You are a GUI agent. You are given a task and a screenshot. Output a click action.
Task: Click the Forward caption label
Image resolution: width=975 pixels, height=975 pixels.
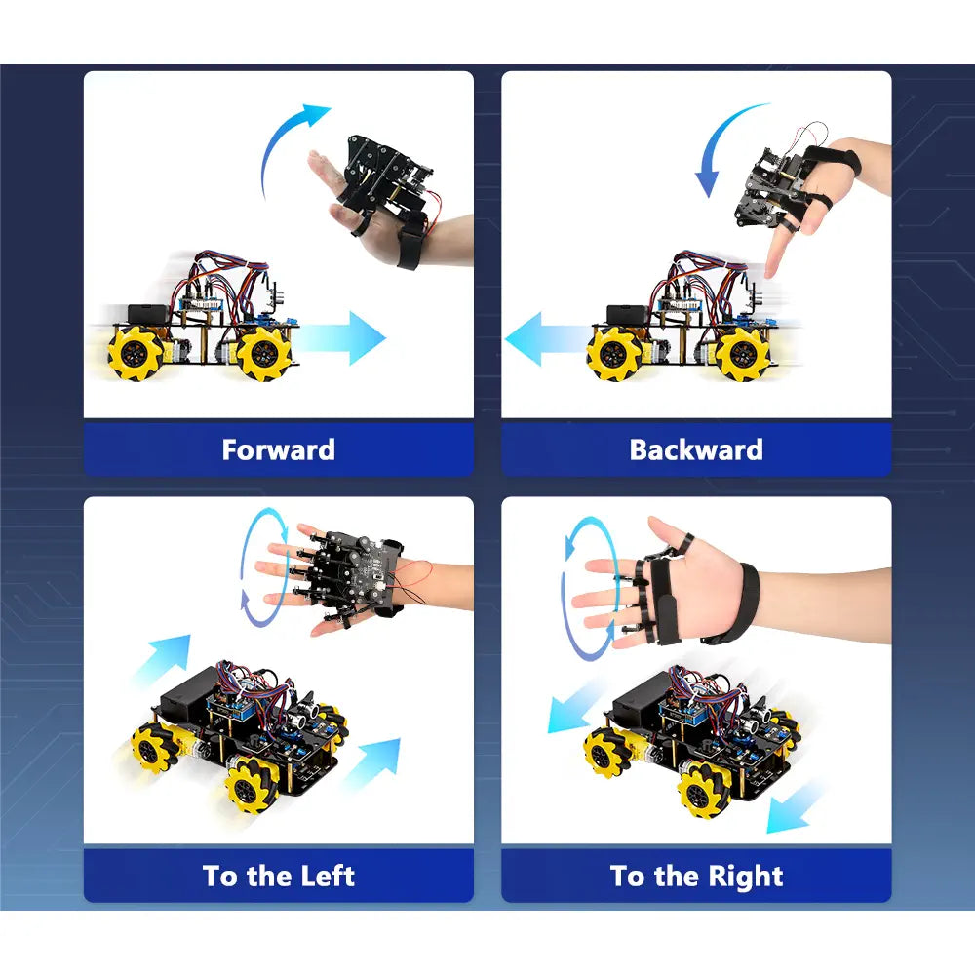[279, 449]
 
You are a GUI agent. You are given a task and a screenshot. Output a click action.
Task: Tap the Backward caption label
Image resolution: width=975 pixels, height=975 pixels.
[696, 449]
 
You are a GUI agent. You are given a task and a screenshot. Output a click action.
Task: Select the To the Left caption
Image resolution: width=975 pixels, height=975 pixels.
[279, 876]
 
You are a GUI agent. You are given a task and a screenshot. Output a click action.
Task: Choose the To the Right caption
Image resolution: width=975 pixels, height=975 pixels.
[696, 877]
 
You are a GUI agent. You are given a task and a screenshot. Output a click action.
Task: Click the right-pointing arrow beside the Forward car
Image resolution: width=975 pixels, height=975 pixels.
[342, 337]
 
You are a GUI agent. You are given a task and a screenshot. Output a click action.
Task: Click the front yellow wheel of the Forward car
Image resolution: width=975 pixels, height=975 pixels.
[263, 353]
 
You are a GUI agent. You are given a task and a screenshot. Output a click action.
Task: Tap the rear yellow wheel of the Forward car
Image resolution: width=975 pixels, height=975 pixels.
[135, 353]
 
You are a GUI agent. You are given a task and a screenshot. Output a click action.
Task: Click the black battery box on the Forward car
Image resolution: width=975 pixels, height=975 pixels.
[148, 313]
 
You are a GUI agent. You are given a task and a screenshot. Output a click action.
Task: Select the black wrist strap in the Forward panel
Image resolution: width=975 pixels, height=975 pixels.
[408, 247]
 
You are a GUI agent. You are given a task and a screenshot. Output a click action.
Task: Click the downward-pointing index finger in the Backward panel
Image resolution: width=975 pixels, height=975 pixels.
[775, 252]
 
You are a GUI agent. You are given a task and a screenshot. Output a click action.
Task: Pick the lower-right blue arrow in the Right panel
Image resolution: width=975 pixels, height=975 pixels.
[794, 808]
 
